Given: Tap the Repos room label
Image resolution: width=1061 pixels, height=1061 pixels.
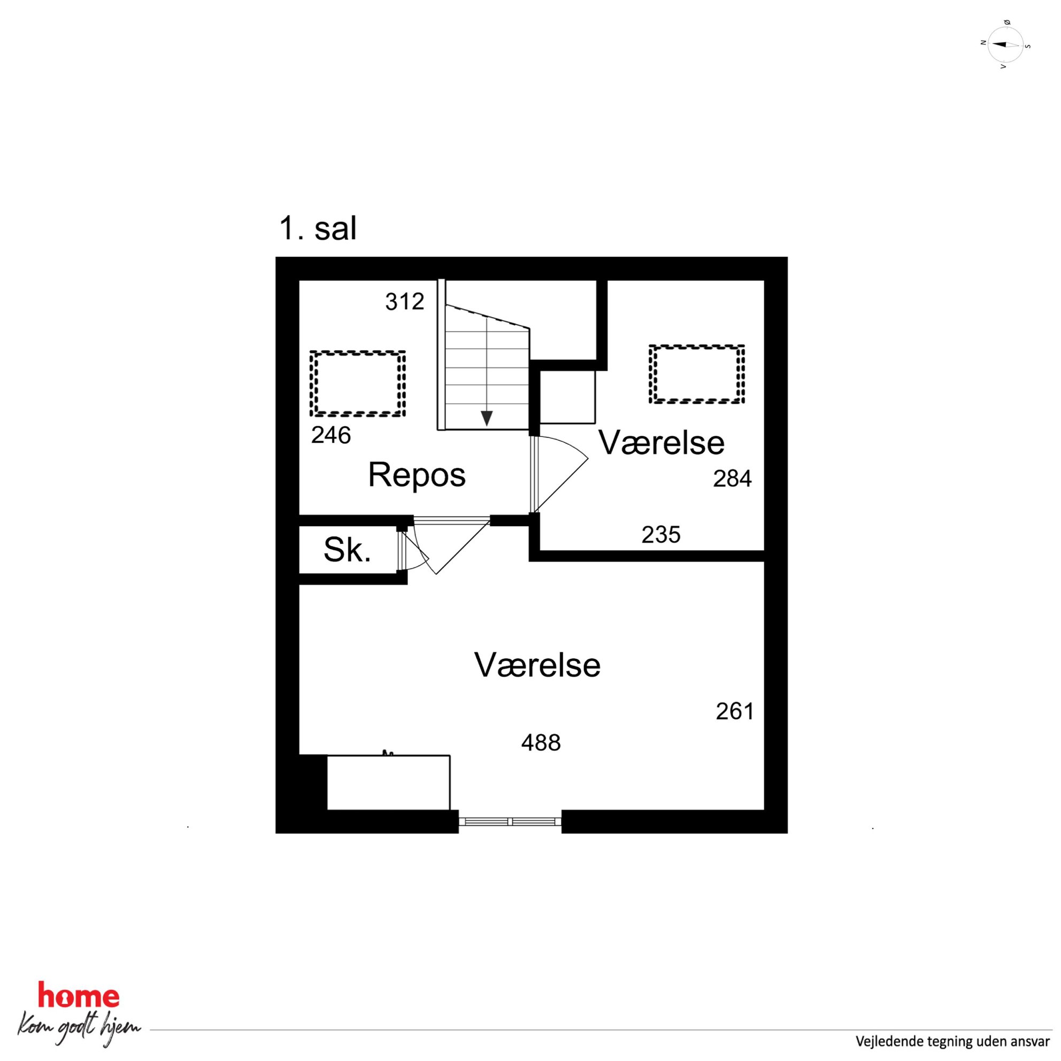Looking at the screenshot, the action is pos(417,475).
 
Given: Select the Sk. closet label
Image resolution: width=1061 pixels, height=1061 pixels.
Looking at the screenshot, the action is pos(347,549).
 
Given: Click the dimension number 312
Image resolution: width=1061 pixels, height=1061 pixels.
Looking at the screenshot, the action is pos(405,302).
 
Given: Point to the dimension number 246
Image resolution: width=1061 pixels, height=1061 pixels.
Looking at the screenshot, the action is pos(330,435).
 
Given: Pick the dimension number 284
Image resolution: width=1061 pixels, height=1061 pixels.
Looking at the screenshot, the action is pos(732,479).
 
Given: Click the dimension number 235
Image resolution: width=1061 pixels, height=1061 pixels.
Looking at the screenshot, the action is pos(661,534).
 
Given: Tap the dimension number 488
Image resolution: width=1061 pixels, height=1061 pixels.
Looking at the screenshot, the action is pos(541,743).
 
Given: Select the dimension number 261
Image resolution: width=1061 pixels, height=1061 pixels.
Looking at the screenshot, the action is pos(735,712).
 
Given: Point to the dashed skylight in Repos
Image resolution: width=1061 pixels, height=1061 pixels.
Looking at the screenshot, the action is pos(358,383).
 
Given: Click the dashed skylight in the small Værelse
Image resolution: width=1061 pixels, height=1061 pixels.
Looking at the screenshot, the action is pos(697,374).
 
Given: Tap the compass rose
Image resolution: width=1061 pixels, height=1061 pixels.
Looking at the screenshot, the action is pos(1004,44).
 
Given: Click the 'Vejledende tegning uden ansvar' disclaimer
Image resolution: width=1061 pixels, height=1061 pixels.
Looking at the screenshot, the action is pos(952,1041).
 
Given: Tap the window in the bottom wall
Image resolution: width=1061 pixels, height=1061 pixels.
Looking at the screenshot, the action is pos(510,821).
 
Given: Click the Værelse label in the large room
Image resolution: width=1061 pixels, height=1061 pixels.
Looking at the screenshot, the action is pos(537,665).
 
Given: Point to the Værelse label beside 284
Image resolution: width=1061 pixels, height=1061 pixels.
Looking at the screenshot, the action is pos(661,443).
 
